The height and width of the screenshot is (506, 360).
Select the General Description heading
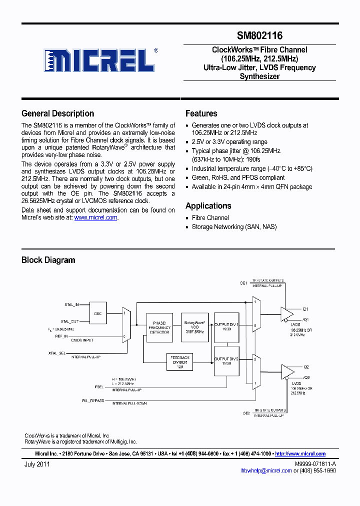click(58, 113)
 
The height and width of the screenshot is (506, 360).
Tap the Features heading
click(201, 113)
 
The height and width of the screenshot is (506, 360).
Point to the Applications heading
click(208, 205)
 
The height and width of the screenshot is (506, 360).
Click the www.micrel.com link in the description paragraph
click(96, 217)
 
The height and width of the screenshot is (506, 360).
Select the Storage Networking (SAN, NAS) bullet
click(234, 226)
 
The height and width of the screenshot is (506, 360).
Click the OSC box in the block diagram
click(98, 313)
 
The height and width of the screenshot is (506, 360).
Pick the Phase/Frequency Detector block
click(159, 327)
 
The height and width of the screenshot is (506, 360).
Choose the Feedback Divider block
click(180, 361)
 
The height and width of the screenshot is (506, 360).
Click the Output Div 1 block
click(227, 327)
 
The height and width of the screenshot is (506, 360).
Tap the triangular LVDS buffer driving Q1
click(287, 313)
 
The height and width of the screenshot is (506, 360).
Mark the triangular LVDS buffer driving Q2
click(287, 370)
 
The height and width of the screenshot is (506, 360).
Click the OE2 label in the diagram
click(246, 413)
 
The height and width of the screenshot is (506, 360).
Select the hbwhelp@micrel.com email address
click(266, 470)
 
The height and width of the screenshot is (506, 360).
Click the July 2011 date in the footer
click(37, 464)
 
